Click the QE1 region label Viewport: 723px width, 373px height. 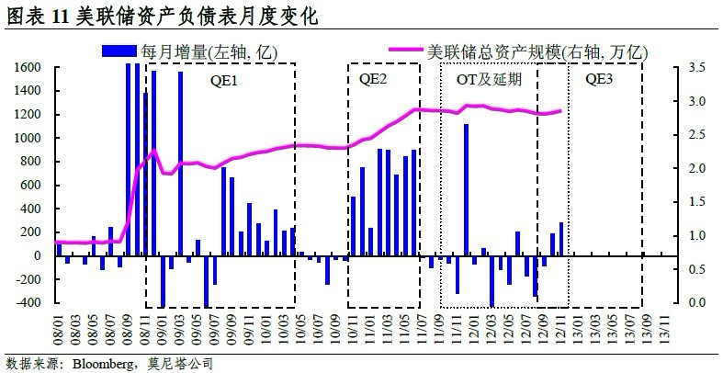coord(224,79)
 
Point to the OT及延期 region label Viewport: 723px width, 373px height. coord(489,79)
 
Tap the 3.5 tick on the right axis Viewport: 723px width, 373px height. coord(695,68)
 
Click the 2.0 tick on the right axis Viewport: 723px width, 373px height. coord(695,169)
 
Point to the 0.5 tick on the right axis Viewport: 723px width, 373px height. coord(695,269)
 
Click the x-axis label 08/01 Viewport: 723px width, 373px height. coord(61,327)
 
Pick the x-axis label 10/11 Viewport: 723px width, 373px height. coord(354,327)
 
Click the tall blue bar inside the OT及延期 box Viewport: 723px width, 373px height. coord(467,189)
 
